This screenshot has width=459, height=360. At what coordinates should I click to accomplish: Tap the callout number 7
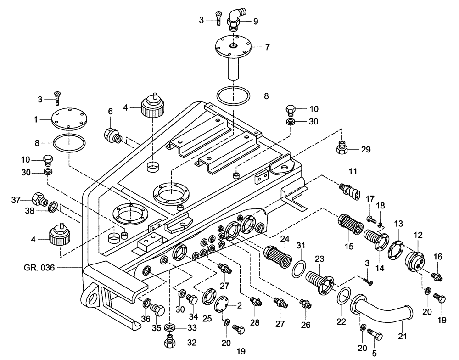267,47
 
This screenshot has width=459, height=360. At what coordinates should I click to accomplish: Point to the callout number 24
285,239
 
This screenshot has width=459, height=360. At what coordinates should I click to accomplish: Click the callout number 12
418,235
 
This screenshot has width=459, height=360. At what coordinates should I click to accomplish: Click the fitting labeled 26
305,303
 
